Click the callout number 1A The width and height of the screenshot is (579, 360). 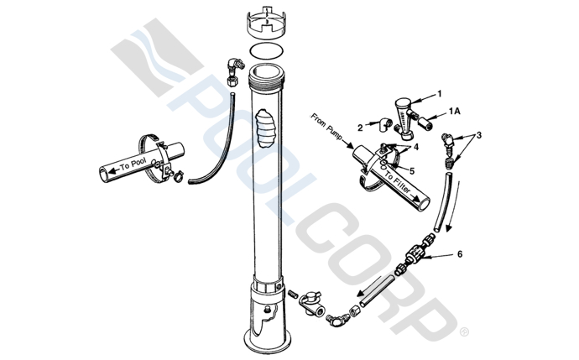[x=455, y=111]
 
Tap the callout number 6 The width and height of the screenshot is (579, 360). [x=460, y=254]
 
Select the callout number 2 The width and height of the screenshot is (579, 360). [x=360, y=128]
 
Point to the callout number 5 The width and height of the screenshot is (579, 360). [x=412, y=171]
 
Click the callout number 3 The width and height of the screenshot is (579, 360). [x=479, y=135]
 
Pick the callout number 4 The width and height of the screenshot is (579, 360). [x=416, y=147]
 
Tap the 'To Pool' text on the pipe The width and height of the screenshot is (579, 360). [x=133, y=164]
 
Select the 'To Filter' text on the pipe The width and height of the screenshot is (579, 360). [x=398, y=183]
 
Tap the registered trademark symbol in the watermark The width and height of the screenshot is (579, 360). [x=464, y=332]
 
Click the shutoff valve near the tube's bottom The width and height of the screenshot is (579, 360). [x=311, y=304]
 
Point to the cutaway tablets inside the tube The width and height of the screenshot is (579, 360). [x=266, y=128]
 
